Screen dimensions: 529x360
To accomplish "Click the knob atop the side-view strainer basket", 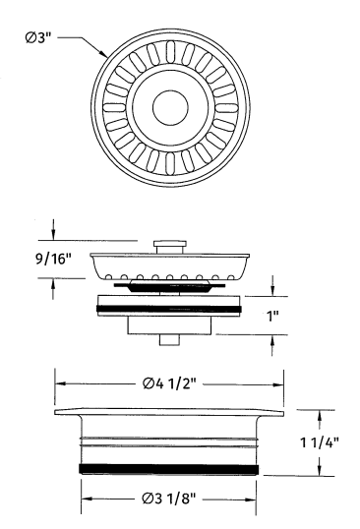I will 169,242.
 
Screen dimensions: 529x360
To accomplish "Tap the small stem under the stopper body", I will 169,339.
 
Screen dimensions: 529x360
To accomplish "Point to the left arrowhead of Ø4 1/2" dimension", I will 59,384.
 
